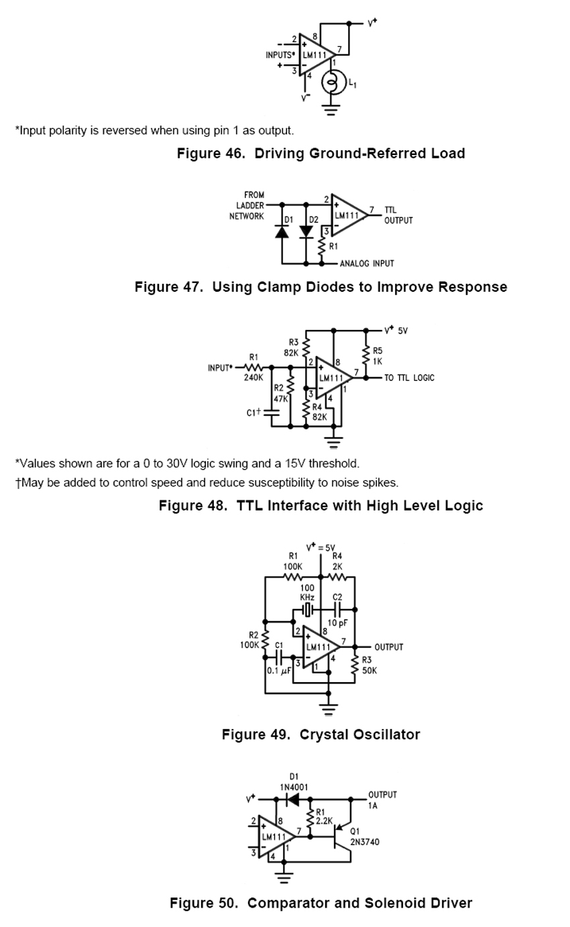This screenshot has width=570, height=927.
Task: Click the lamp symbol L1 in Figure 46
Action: coord(333,83)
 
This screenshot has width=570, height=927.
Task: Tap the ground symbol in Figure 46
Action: coord(331,109)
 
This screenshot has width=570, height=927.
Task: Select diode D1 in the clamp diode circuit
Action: coord(282,232)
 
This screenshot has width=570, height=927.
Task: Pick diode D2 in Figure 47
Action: coord(306,232)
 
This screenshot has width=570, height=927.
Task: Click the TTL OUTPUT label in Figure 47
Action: coord(398,215)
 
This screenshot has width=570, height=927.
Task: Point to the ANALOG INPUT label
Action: coord(367,264)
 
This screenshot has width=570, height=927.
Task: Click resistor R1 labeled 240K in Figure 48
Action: coord(253,368)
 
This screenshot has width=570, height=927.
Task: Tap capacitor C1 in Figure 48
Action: coord(271,413)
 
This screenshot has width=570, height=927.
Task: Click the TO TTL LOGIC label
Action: coord(410,378)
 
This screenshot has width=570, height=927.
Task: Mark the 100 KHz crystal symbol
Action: coord(307,610)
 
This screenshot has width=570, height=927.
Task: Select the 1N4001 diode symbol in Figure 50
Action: coord(292,800)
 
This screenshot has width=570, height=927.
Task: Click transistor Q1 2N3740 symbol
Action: coord(341,837)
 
